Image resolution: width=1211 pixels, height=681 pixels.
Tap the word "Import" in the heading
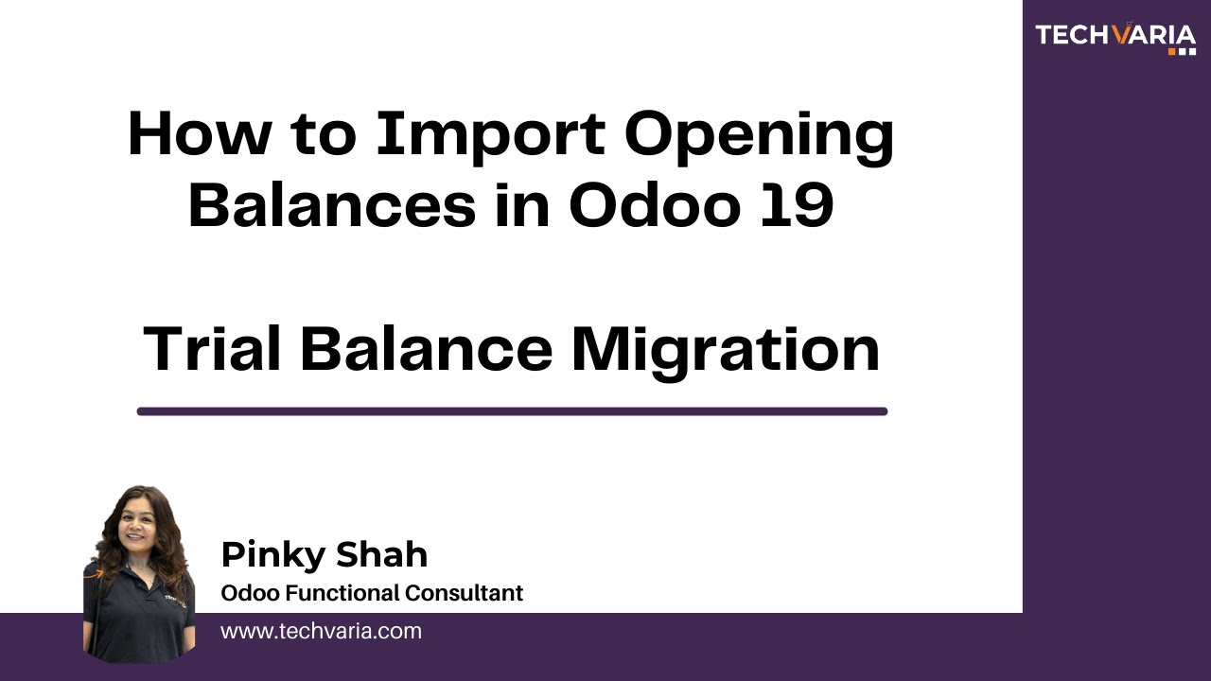tap(491, 134)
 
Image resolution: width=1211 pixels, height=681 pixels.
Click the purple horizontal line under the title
tap(512, 411)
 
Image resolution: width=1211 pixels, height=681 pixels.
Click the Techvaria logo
tap(1115, 36)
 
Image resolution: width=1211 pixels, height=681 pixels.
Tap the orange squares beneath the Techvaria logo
tap(1183, 51)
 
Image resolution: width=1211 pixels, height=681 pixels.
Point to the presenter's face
tap(138, 526)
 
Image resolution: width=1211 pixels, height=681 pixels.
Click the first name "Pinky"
tap(271, 556)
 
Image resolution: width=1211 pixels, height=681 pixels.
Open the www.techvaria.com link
tap(321, 631)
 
